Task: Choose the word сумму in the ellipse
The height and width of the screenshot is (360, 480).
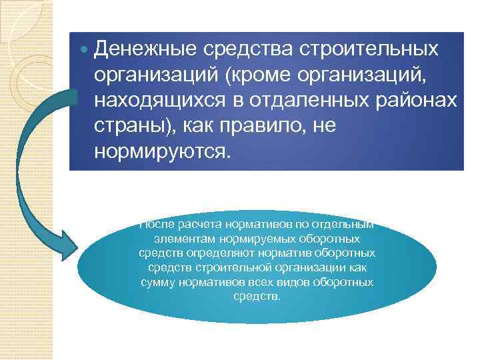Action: [x=157, y=282]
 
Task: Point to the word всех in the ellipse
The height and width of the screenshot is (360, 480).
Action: [x=258, y=282]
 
